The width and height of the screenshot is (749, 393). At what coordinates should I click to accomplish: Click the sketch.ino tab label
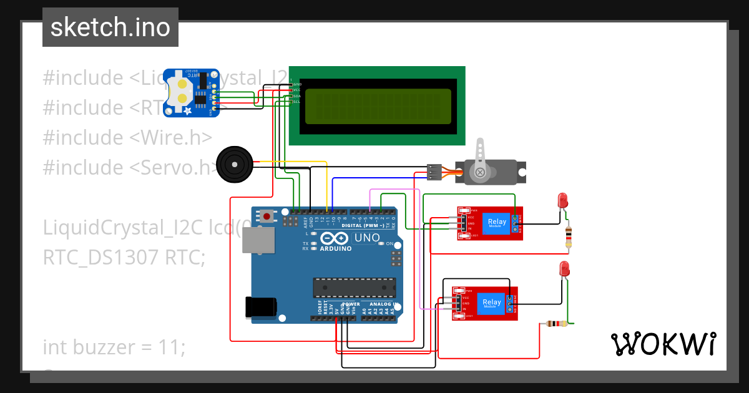coord(110,27)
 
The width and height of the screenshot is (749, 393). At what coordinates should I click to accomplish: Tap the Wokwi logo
coord(662,344)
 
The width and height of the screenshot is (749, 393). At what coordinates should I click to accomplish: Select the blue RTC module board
coord(191,92)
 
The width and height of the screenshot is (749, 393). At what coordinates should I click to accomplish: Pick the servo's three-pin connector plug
coord(435,172)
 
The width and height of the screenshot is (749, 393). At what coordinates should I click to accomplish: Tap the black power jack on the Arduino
coord(260,308)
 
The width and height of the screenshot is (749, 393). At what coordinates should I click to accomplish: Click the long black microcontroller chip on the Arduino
coord(353,287)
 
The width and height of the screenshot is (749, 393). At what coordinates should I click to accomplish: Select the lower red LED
coord(564,269)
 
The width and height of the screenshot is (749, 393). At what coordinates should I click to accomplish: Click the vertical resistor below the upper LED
coord(568,238)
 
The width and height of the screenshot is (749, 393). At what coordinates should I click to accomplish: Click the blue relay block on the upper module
coord(497,223)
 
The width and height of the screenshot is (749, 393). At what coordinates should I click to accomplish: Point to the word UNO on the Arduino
coord(366,238)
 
